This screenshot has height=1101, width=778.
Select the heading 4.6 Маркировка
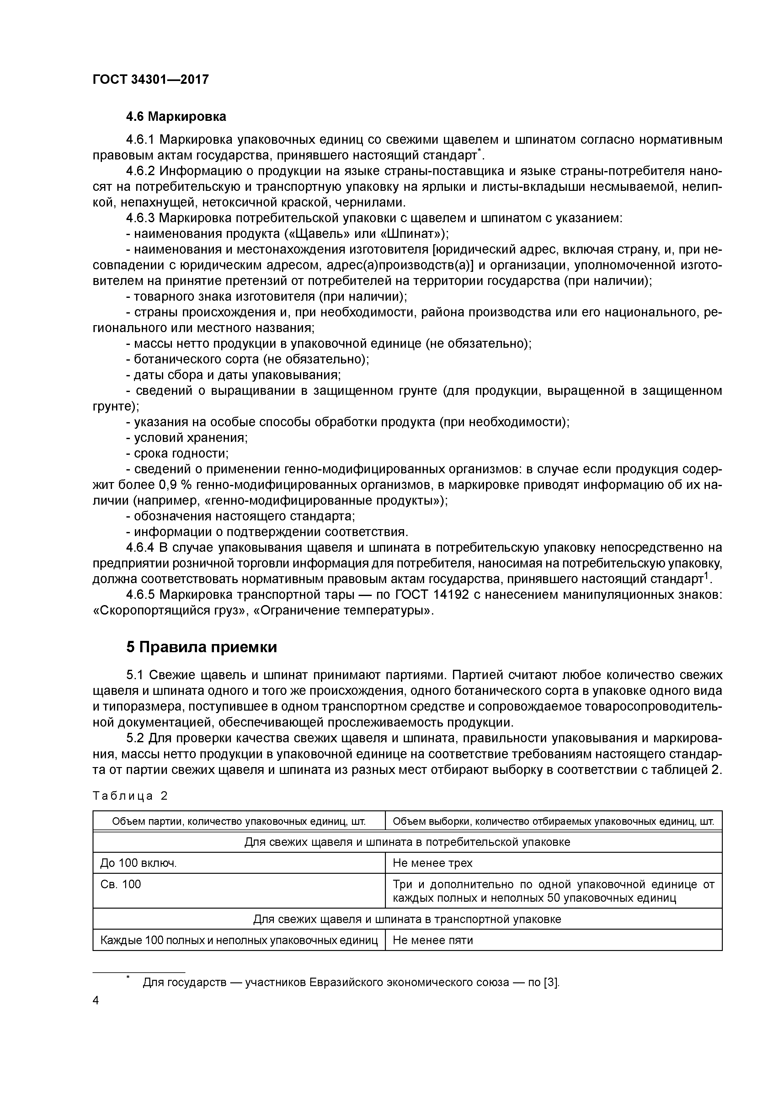176,116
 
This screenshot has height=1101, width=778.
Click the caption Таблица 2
130,796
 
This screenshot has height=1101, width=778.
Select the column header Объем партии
239,821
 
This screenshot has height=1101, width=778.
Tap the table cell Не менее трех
432,863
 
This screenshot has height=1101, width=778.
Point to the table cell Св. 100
121,884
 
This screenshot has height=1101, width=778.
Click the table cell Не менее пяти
432,940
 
